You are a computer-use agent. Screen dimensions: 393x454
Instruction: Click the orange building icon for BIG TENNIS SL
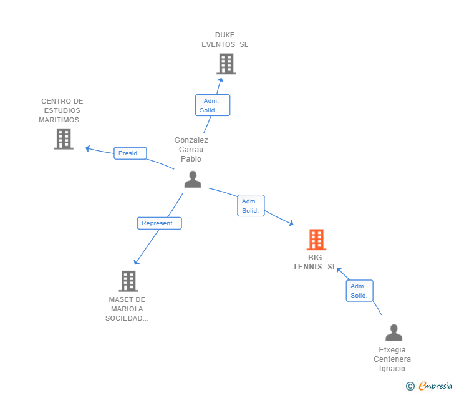tap(316, 240)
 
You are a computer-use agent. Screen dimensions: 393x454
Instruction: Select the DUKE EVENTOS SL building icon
tap(226, 64)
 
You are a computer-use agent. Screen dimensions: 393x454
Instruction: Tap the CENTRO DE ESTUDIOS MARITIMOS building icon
tap(64, 138)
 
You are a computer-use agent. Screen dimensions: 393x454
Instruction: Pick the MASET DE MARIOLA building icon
tap(128, 281)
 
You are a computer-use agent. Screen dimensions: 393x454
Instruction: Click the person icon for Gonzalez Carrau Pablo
tap(193, 179)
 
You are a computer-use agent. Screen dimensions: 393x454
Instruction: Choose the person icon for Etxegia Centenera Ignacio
tap(394, 332)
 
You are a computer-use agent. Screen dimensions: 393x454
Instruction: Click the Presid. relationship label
tap(130, 153)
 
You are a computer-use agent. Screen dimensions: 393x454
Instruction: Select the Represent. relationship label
tap(159, 223)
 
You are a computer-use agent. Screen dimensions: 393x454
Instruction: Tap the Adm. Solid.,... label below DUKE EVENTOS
tap(213, 105)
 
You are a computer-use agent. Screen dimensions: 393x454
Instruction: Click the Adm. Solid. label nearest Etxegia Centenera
tap(359, 291)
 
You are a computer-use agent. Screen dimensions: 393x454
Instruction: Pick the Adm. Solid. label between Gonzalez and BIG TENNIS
tap(251, 206)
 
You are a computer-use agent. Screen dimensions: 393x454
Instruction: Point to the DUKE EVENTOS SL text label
tap(225, 40)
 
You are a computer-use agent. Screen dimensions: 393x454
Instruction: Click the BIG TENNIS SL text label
tap(315, 262)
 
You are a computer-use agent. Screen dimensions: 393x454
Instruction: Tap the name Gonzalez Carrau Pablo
tap(191, 150)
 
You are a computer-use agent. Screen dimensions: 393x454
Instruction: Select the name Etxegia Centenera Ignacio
tap(392, 359)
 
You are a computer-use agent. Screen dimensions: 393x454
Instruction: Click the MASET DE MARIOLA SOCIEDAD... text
tap(127, 309)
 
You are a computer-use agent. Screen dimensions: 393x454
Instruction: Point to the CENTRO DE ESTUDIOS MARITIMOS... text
tap(62, 110)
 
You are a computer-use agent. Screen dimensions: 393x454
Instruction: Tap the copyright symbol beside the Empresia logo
tap(410, 386)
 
